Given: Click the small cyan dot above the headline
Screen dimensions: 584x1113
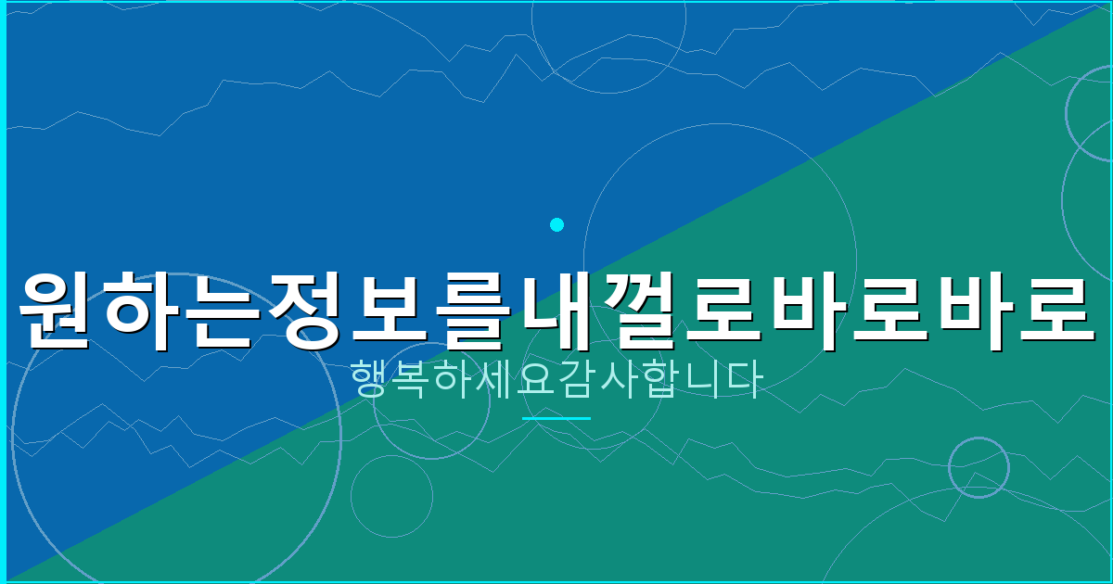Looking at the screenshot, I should point(556,224).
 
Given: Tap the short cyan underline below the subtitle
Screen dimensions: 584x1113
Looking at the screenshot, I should point(556,418).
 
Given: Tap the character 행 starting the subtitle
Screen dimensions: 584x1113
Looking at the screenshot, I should point(370,380).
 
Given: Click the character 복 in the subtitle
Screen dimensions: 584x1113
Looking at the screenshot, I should point(412,380).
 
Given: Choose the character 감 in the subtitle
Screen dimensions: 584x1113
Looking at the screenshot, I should point(576,380).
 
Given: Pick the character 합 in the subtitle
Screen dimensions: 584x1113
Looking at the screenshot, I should point(659,380).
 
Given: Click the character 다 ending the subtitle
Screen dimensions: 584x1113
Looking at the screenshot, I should point(742,380).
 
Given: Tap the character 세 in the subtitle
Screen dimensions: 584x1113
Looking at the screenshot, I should point(494,380).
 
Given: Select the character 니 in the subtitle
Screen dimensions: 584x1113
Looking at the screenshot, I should point(701,380).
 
